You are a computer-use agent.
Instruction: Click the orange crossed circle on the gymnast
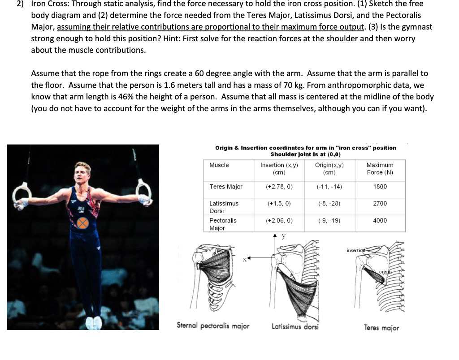click(x=82, y=223)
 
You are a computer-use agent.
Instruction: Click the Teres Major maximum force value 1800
click(x=380, y=187)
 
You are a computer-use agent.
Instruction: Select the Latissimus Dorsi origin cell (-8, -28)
click(x=329, y=203)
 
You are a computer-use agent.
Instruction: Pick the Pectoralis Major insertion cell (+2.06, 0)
click(x=279, y=220)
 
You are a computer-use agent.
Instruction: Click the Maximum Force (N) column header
click(x=380, y=168)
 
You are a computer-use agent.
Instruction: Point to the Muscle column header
click(x=219, y=165)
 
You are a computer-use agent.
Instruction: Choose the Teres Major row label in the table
click(x=226, y=187)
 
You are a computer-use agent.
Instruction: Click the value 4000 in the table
click(x=380, y=220)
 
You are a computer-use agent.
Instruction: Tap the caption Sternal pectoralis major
click(x=213, y=326)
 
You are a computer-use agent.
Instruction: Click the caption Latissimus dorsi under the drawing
click(x=295, y=327)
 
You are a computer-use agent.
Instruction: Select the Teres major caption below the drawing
click(x=381, y=328)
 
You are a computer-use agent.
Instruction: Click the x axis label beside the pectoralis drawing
click(x=245, y=259)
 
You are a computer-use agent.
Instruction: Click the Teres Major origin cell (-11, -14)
click(x=329, y=187)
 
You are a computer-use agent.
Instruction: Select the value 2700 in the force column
click(x=380, y=203)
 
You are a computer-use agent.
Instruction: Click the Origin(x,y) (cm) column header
click(x=329, y=168)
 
